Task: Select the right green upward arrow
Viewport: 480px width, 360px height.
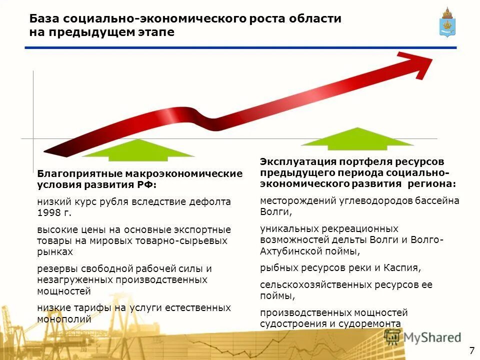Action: tap(358, 139)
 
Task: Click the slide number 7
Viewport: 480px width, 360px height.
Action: tap(471, 349)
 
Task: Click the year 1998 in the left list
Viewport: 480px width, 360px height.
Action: tap(49, 213)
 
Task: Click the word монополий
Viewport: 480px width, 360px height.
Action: tap(64, 318)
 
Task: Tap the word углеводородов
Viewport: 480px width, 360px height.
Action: tap(370, 200)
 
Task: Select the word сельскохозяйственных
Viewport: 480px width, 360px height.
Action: tap(316, 285)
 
